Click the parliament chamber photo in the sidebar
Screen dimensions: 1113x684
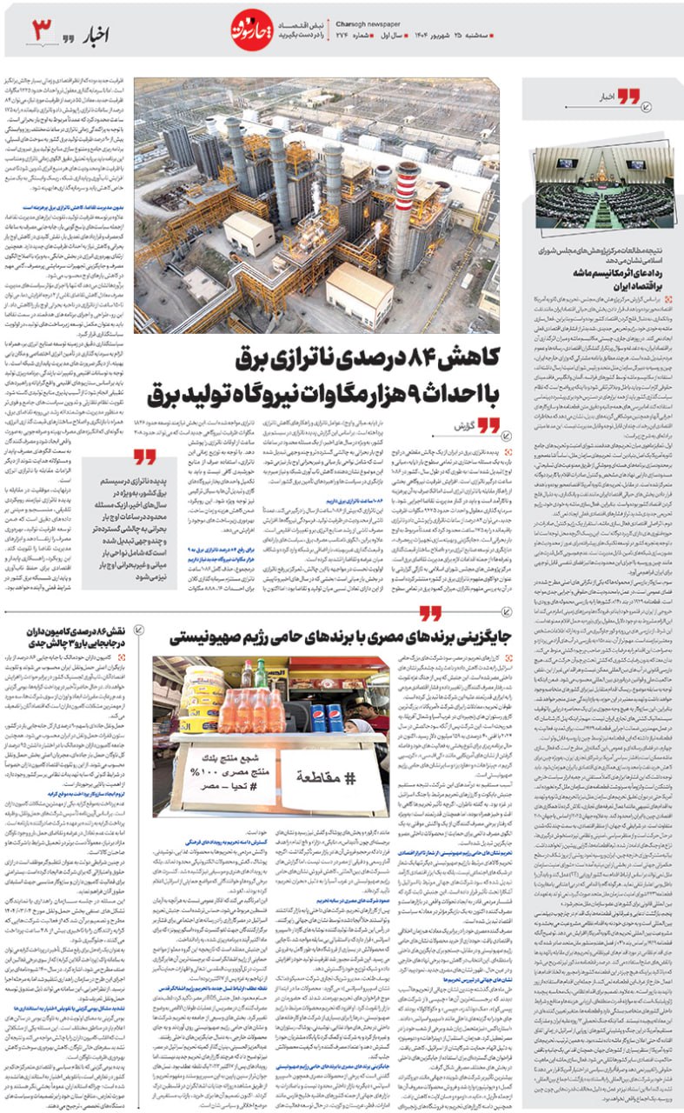click(x=603, y=187)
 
